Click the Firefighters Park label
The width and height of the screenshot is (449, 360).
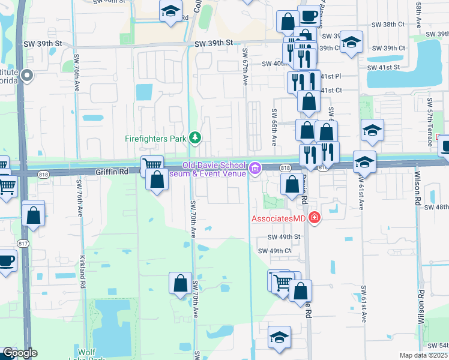(156, 139)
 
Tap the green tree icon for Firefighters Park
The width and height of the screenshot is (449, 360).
(194, 139)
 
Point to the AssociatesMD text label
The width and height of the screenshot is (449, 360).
(279, 219)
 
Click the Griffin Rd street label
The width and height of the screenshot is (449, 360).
(112, 172)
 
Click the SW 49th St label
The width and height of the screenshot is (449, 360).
(284, 237)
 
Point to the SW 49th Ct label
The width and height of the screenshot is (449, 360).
(274, 251)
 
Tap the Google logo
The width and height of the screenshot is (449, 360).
(19, 353)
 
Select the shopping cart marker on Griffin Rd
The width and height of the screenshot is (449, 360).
(152, 164)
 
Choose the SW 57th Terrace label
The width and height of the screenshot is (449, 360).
(430, 129)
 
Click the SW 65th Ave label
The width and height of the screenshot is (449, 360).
(274, 127)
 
